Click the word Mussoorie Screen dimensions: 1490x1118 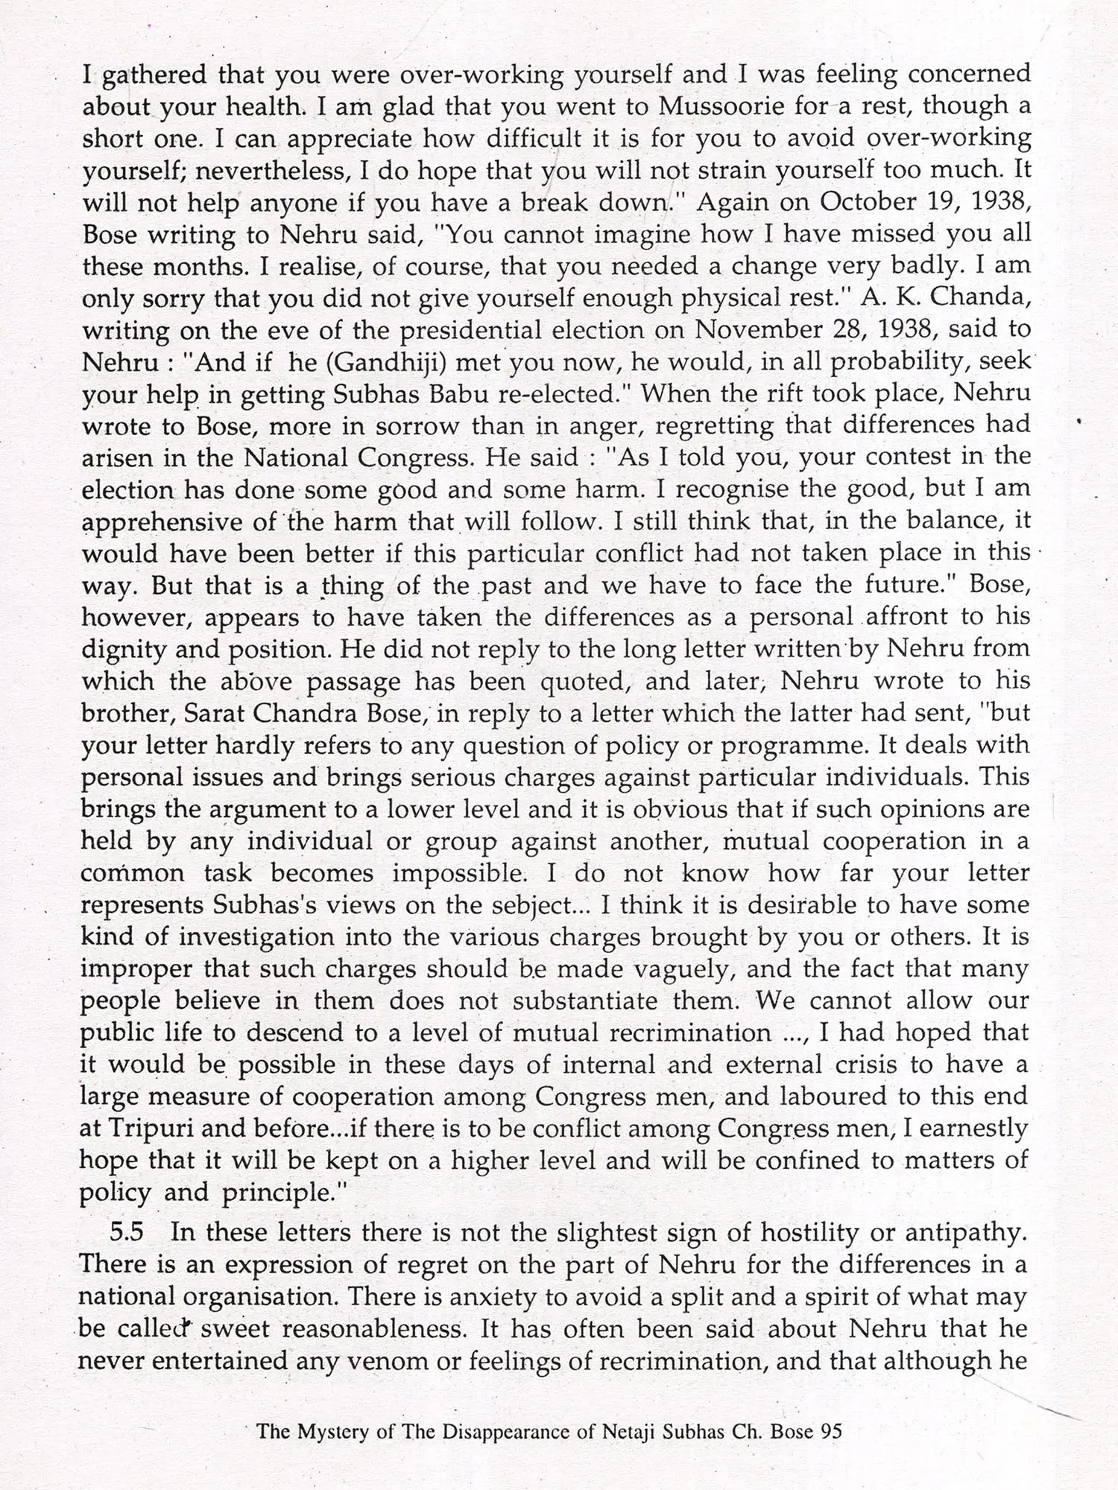(x=719, y=107)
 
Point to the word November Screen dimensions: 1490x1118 (x=756, y=329)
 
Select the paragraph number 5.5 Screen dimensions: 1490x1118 (x=127, y=1232)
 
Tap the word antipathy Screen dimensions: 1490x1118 (x=964, y=1232)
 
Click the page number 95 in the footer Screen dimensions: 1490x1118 (x=830, y=1431)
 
